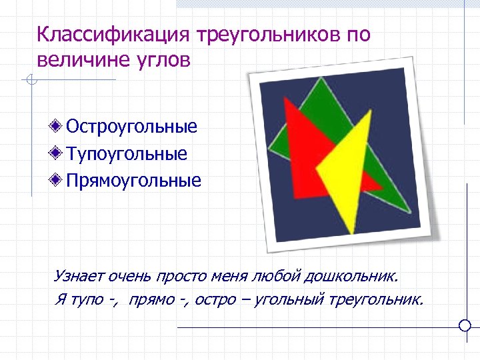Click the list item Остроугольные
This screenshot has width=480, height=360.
(132, 127)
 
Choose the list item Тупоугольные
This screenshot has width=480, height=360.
(127, 154)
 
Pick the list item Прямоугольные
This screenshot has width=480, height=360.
(133, 181)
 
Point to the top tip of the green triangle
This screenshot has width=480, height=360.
(321, 79)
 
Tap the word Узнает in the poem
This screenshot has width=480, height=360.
(76, 275)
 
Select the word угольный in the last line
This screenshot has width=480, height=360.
(290, 299)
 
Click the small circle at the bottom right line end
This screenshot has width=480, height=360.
(466, 325)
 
